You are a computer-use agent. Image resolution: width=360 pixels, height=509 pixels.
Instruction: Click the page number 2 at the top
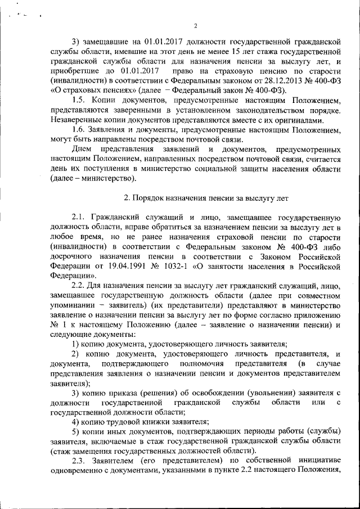pos(196,25)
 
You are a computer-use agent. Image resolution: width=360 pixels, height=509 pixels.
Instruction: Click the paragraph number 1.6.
pos(80,129)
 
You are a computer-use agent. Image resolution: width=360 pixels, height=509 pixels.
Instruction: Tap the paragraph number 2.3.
pos(81,462)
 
